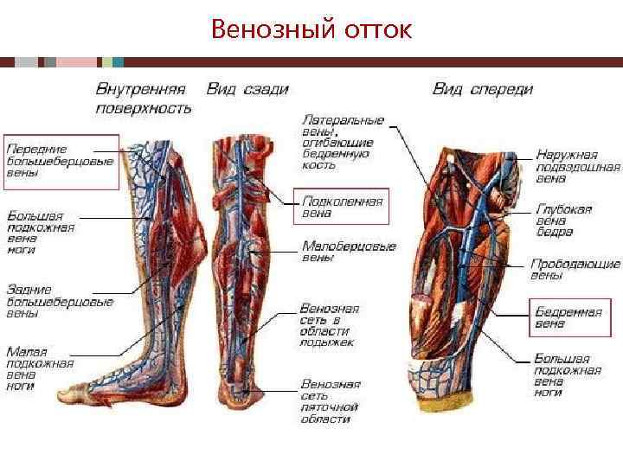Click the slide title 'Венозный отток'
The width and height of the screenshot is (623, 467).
pos(311,31)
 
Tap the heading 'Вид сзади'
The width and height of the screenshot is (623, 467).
pos(247,89)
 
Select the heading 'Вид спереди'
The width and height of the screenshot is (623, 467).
pos(483,89)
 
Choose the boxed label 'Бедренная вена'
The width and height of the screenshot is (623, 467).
pos(568,318)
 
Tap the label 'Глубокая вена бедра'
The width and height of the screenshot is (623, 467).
pos(563,221)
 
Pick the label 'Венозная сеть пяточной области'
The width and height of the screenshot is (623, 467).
pos(330,401)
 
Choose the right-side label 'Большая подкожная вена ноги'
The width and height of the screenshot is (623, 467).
pos(567,375)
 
